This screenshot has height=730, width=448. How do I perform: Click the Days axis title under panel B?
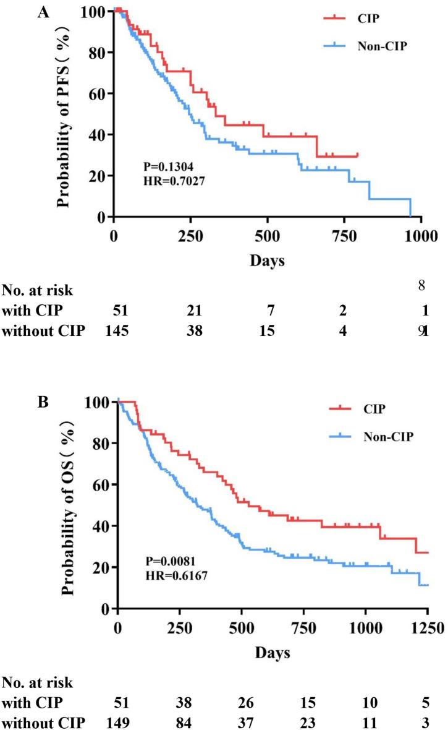pyautogui.click(x=268, y=653)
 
